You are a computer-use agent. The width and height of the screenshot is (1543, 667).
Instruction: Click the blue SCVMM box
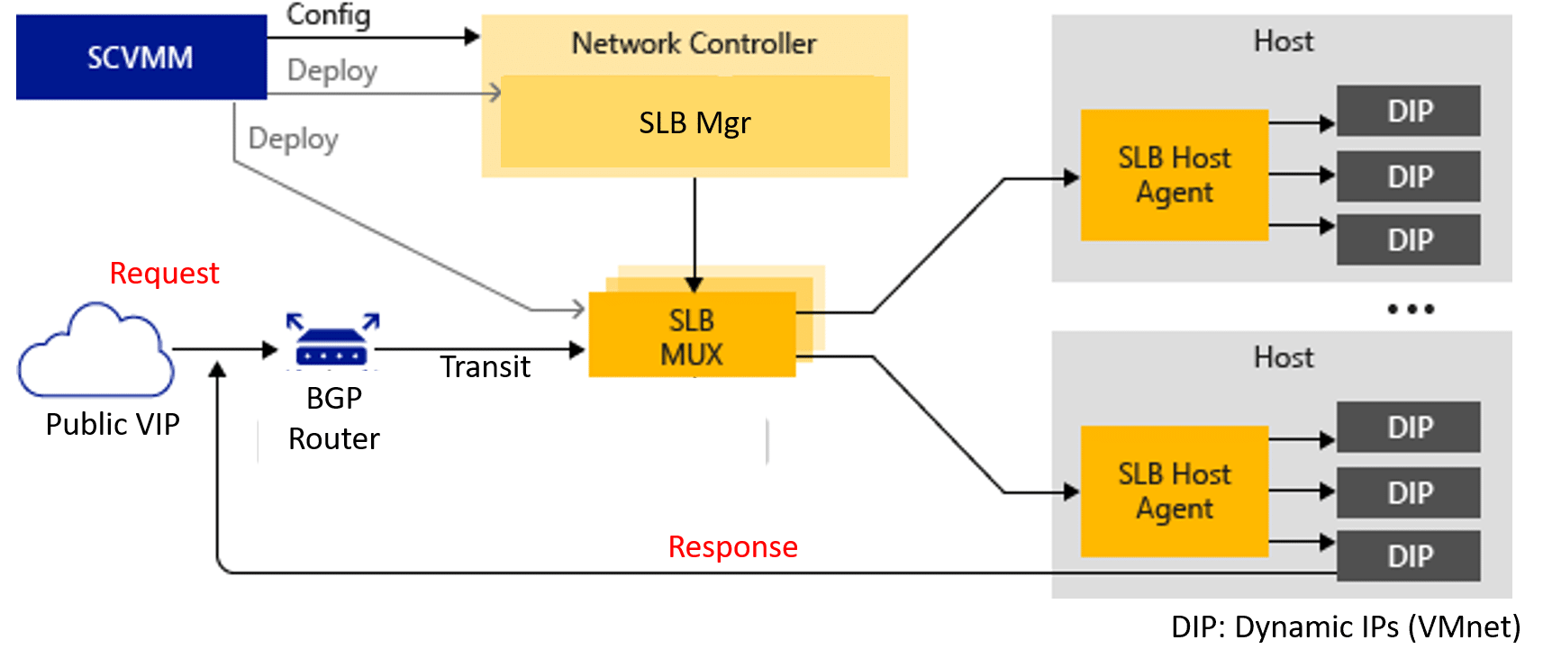tap(141, 57)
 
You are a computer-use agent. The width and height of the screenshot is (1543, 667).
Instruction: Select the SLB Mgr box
tap(695, 122)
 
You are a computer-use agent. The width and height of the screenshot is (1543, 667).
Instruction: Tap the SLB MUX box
tap(693, 335)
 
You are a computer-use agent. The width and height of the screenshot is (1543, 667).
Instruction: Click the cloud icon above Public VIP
tap(95, 350)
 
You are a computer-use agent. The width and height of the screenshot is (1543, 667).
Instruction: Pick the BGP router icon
tap(332, 340)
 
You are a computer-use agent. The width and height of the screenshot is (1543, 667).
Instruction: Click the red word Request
tap(164, 274)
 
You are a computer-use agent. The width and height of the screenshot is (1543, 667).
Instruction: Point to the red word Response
tap(733, 546)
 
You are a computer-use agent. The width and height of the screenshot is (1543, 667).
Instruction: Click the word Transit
tap(485, 367)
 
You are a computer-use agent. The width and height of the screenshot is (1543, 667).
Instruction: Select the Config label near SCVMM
tap(329, 15)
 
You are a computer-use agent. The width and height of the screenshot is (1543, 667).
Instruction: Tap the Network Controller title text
tap(694, 43)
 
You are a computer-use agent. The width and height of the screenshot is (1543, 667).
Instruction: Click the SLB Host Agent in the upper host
tap(1175, 175)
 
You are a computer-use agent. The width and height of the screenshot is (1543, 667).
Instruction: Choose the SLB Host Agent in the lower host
tap(1175, 491)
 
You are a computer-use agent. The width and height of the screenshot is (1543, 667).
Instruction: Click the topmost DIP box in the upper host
tap(1409, 110)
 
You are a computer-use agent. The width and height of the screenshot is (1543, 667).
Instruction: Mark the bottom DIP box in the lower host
tap(1409, 555)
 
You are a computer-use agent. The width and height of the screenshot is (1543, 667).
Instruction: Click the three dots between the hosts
tap(1411, 309)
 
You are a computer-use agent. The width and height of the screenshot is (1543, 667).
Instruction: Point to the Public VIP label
tap(113, 424)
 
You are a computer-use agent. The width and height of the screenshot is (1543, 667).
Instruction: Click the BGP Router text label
tap(334, 419)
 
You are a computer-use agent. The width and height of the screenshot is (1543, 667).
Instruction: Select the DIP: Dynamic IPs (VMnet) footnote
tap(1346, 627)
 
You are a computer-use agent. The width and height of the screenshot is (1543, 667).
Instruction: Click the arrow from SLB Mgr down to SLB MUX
tap(694, 235)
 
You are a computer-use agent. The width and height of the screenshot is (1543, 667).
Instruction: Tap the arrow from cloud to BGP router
tap(225, 349)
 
